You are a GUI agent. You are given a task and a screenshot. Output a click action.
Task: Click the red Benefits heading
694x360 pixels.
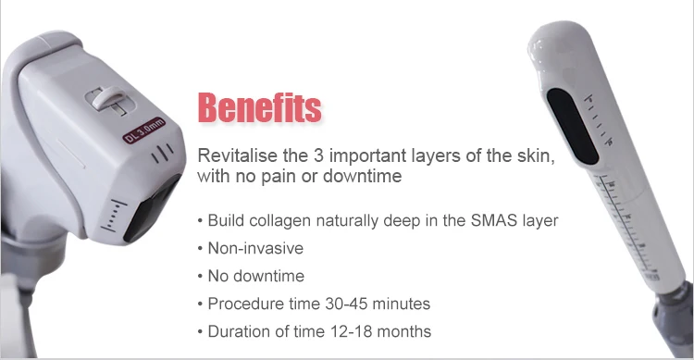(259, 107)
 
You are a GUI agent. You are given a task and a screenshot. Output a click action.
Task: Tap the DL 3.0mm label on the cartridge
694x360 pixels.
(144, 130)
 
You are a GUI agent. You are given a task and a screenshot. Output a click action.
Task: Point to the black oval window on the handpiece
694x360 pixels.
(573, 126)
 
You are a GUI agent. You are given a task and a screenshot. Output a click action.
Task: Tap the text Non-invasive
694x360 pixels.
(255, 248)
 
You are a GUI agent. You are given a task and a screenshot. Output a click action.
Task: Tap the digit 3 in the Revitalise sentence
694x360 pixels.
(318, 155)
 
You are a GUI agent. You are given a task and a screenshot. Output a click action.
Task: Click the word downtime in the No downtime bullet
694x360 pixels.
(268, 276)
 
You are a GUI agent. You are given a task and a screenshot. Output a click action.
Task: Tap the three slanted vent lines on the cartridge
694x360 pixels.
(162, 153)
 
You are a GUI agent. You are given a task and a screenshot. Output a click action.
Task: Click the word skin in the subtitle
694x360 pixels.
(536, 156)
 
